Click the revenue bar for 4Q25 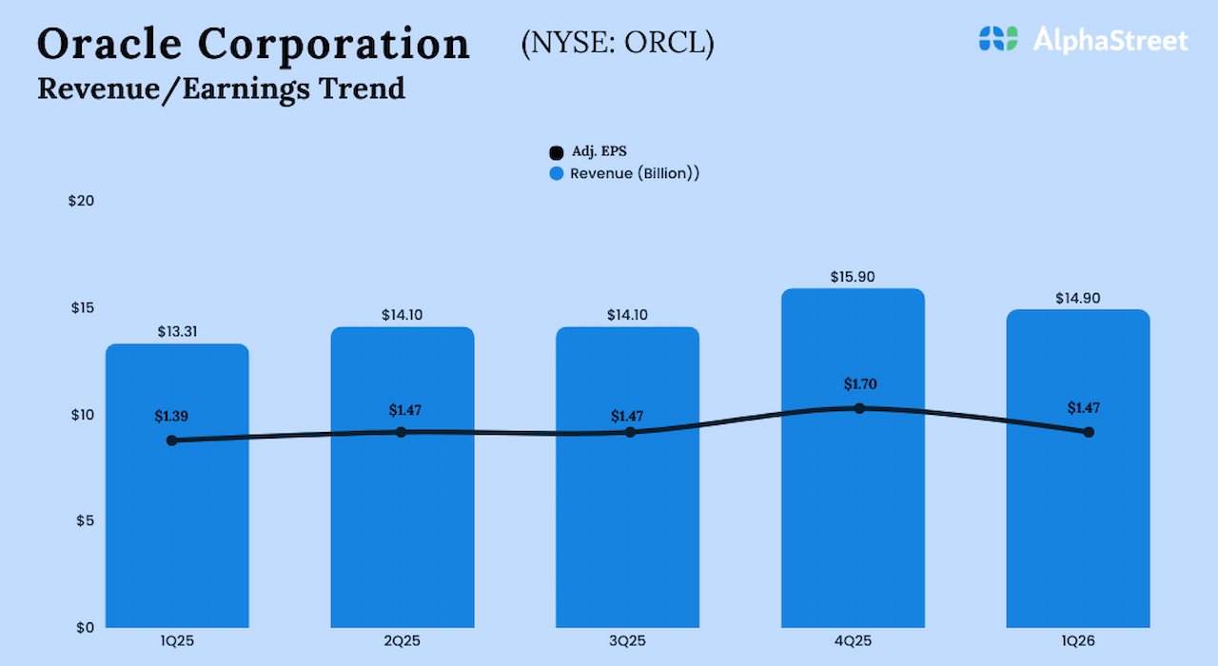point(853,533)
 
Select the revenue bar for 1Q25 point(177,542)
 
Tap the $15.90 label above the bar point(853,277)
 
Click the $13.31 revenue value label point(177,332)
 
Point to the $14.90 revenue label point(1078,298)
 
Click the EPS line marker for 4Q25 point(859,408)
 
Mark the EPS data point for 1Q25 point(171,441)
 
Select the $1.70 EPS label point(859,384)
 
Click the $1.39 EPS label point(171,416)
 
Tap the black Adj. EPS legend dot point(557,152)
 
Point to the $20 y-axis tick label point(82,201)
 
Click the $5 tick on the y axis point(85,520)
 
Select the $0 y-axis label point(85,627)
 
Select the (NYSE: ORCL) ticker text point(618,44)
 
